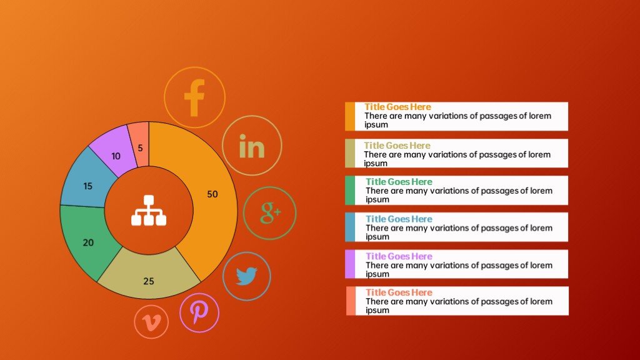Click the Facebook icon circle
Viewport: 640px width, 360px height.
[195, 97]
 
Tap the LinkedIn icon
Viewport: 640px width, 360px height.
[252, 146]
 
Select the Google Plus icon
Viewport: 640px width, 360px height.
[269, 213]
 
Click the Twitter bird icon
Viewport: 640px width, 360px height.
[246, 276]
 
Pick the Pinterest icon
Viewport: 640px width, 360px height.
[199, 312]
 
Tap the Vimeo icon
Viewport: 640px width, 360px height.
[151, 322]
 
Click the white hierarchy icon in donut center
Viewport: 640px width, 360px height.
[149, 210]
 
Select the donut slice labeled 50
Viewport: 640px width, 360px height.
[212, 194]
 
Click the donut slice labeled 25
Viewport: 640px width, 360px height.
[149, 277]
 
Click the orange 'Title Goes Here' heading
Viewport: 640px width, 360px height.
[397, 107]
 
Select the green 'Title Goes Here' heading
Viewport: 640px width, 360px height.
[399, 182]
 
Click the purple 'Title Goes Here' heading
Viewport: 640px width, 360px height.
[399, 256]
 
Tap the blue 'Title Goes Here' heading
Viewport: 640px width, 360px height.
[399, 219]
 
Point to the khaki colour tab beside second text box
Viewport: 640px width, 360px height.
[350, 153]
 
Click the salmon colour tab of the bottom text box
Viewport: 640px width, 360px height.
[351, 301]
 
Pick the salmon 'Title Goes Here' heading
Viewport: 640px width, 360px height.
[399, 292]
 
